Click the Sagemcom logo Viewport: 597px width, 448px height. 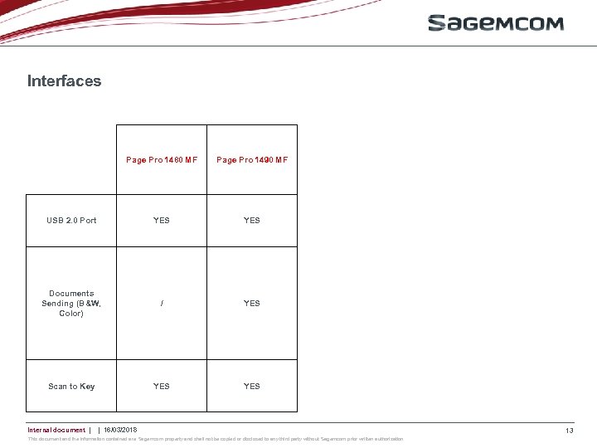point(495,23)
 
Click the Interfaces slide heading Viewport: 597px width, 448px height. point(64,81)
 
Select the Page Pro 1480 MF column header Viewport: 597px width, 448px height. point(162,160)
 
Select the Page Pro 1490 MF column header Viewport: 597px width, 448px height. point(252,160)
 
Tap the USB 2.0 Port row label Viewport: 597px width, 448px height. point(71,221)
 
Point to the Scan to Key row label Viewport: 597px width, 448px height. point(71,387)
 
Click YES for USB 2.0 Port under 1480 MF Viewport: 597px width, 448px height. point(162,221)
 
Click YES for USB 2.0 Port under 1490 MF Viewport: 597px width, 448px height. point(252,221)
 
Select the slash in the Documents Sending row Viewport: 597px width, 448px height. point(162,304)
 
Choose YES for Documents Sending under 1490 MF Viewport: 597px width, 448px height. point(252,304)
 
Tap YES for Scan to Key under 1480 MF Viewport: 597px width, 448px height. point(162,387)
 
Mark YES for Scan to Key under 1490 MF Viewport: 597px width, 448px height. point(252,387)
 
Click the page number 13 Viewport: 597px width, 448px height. point(570,431)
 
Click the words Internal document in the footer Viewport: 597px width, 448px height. point(56,430)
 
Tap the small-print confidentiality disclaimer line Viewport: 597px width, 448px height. point(216,439)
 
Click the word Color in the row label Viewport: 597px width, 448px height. point(71,314)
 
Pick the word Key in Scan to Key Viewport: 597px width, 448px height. point(87,387)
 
